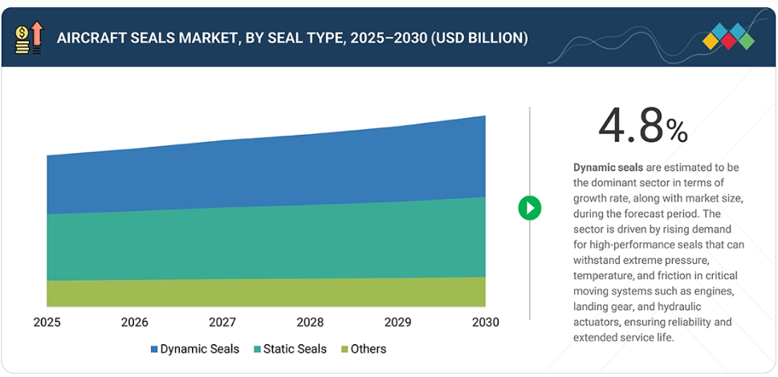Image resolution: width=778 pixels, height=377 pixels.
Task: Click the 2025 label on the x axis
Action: coord(47,322)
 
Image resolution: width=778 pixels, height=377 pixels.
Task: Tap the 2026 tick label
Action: coord(135,322)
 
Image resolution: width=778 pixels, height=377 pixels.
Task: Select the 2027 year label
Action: coord(222,322)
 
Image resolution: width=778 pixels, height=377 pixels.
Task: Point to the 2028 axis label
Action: coord(310,322)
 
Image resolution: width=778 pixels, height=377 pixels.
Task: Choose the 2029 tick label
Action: coord(397,322)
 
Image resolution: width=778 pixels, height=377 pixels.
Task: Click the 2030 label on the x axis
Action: coord(484,322)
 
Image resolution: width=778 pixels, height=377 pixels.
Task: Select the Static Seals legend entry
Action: coord(290,349)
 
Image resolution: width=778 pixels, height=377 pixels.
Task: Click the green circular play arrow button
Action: coord(530,208)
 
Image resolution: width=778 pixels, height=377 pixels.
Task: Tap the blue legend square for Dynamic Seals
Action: coord(154,350)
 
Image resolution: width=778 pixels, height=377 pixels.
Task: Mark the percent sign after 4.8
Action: coord(676,131)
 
